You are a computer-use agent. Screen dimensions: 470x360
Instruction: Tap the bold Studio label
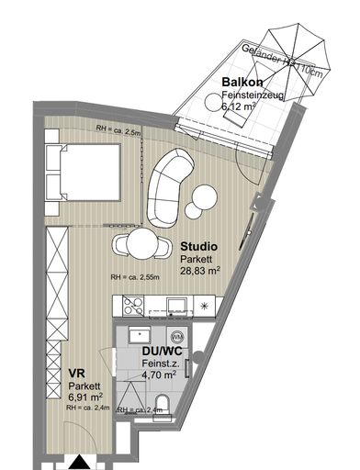[x=198, y=246]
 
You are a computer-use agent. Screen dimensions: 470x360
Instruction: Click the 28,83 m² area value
[x=201, y=271]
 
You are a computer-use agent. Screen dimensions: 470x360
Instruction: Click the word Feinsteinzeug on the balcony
[x=253, y=95]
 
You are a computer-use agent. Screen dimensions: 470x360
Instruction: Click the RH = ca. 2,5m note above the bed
[x=119, y=132]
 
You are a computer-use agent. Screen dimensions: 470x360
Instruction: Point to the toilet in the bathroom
[x=162, y=401]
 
